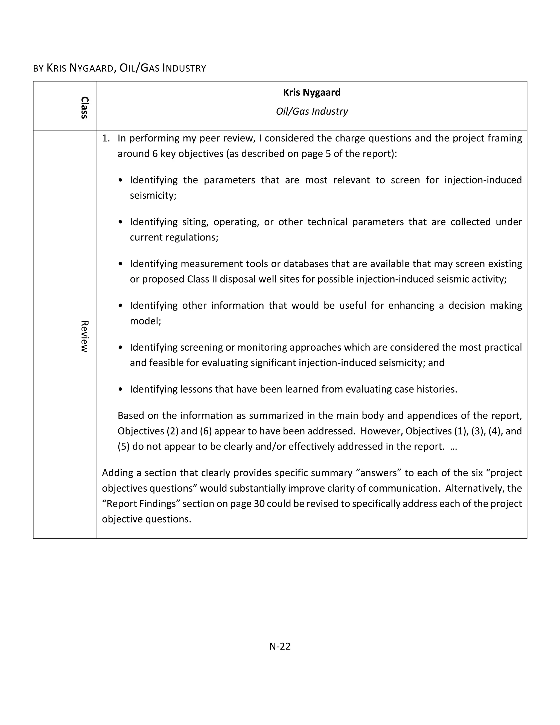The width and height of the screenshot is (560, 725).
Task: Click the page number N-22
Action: coord(280,646)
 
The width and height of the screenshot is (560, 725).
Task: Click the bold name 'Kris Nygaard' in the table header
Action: coord(311,92)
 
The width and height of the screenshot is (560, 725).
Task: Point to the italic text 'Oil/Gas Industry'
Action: coord(311,111)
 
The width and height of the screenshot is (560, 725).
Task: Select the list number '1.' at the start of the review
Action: coord(106,138)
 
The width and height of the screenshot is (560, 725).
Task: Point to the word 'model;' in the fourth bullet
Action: coord(145,321)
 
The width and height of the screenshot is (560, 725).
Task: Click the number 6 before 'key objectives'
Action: coord(155,154)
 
